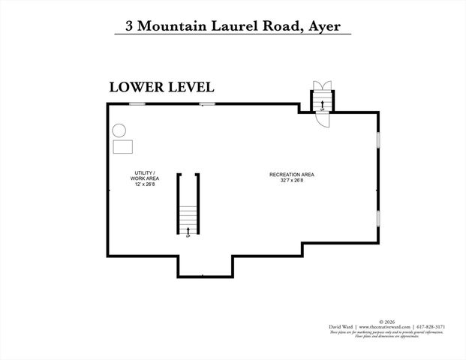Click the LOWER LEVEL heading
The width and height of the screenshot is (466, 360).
point(162,87)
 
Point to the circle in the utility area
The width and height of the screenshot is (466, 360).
point(119,130)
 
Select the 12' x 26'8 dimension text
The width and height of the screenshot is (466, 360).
point(144,184)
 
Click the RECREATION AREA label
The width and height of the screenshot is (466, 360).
point(287,175)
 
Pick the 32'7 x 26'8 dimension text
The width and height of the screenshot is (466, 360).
point(287,181)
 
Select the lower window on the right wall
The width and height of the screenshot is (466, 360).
point(377,218)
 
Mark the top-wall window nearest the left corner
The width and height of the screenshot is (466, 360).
point(137,103)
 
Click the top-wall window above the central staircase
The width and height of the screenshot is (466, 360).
point(207,103)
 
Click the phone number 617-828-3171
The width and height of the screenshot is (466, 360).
point(432,327)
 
